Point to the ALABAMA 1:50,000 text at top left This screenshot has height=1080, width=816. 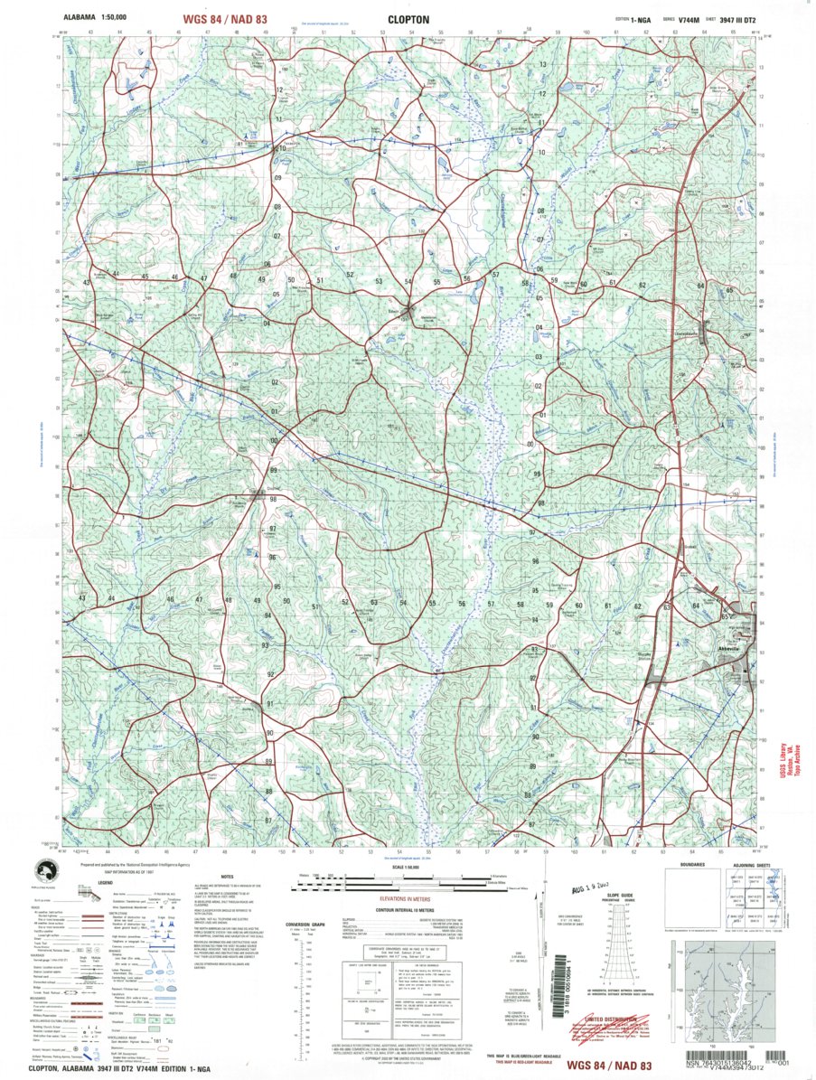click(x=96, y=17)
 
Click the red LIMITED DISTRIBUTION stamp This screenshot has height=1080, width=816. click(x=626, y=1019)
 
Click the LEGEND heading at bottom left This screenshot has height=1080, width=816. click(x=106, y=881)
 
